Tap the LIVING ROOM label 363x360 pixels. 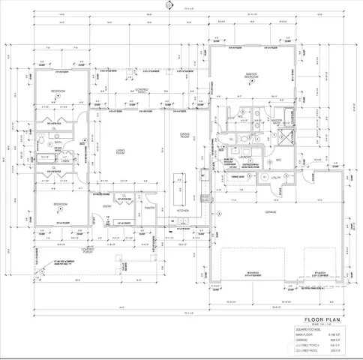pos(120,153)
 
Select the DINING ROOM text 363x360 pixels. pos(184,136)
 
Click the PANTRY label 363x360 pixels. pos(149,208)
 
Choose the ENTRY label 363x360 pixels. pos(107,206)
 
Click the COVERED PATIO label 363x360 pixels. pos(142,90)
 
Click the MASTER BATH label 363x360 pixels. pos(276,122)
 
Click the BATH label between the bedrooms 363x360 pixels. pos(58,142)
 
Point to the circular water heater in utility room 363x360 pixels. pos(264,176)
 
